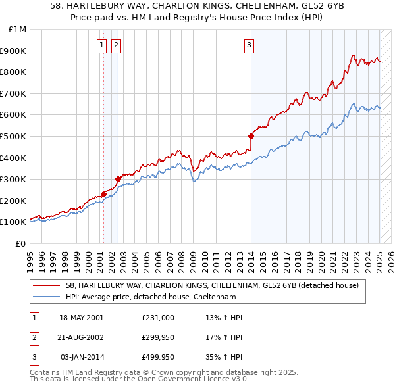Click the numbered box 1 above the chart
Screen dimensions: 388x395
click(103, 45)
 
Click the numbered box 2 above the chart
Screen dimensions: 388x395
click(116, 45)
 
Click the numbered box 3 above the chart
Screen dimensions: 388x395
click(250, 45)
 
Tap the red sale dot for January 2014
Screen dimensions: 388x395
click(251, 136)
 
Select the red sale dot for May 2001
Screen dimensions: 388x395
click(103, 194)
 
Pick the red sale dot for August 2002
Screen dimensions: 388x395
click(118, 179)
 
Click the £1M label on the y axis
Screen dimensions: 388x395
click(18, 29)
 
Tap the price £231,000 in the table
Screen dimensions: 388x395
click(158, 318)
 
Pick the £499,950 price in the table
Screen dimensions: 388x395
click(158, 357)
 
